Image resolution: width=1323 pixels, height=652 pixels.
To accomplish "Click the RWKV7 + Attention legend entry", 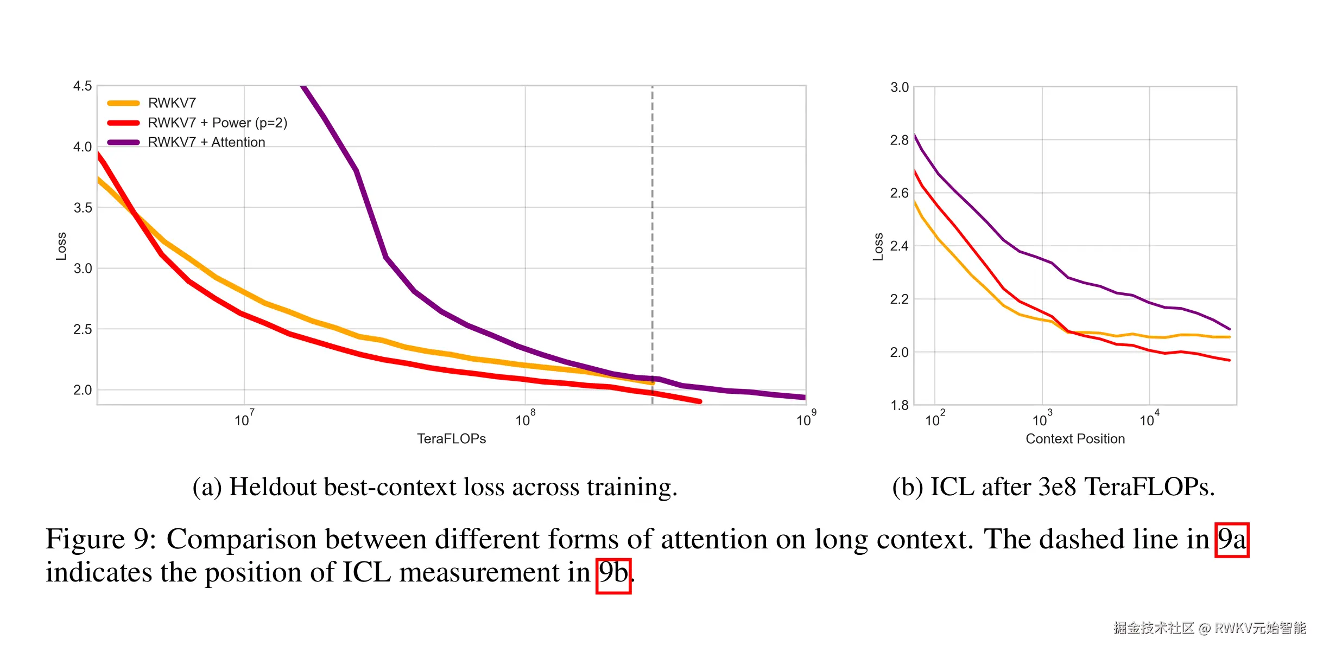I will pos(206,142).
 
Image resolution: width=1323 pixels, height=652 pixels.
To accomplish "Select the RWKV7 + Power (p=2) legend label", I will pos(217,123).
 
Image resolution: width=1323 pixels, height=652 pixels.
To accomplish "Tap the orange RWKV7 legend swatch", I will pos(124,103).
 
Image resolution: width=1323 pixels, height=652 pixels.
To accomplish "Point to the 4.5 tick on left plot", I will pos(83,86).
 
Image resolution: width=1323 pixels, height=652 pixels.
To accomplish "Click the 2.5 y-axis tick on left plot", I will pos(83,329).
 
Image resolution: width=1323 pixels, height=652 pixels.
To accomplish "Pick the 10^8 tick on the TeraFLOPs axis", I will pos(524,420).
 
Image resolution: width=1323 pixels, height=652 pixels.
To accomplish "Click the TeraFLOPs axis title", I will pos(451,439).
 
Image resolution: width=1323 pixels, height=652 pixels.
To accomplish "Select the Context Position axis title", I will pos(1075,439).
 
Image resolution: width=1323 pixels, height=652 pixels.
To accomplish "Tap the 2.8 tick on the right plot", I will pos(899,140).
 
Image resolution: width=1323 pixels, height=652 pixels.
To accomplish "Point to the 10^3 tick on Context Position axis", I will pos(1041,420).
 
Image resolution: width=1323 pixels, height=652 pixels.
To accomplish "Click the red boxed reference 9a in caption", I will pos(1232,540).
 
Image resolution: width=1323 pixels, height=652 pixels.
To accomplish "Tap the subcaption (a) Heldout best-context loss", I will pos(435,487).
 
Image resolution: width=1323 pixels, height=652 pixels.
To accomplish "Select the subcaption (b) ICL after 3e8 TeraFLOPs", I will pos(1053,487).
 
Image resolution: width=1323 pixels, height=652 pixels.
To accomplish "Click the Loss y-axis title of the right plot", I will pos(878,247).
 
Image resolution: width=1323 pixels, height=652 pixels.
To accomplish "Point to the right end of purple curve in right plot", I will pos(1229,329).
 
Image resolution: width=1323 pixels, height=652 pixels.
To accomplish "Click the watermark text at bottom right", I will pos(1210,628).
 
